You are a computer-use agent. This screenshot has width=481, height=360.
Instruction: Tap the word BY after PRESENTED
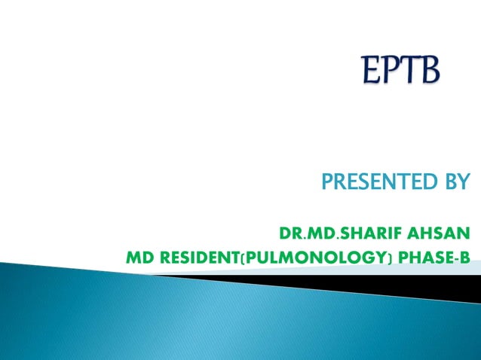coord(454,182)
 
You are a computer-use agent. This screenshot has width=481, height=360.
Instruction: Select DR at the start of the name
coord(289,230)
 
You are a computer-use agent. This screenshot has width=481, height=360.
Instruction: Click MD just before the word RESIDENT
coord(137,258)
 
